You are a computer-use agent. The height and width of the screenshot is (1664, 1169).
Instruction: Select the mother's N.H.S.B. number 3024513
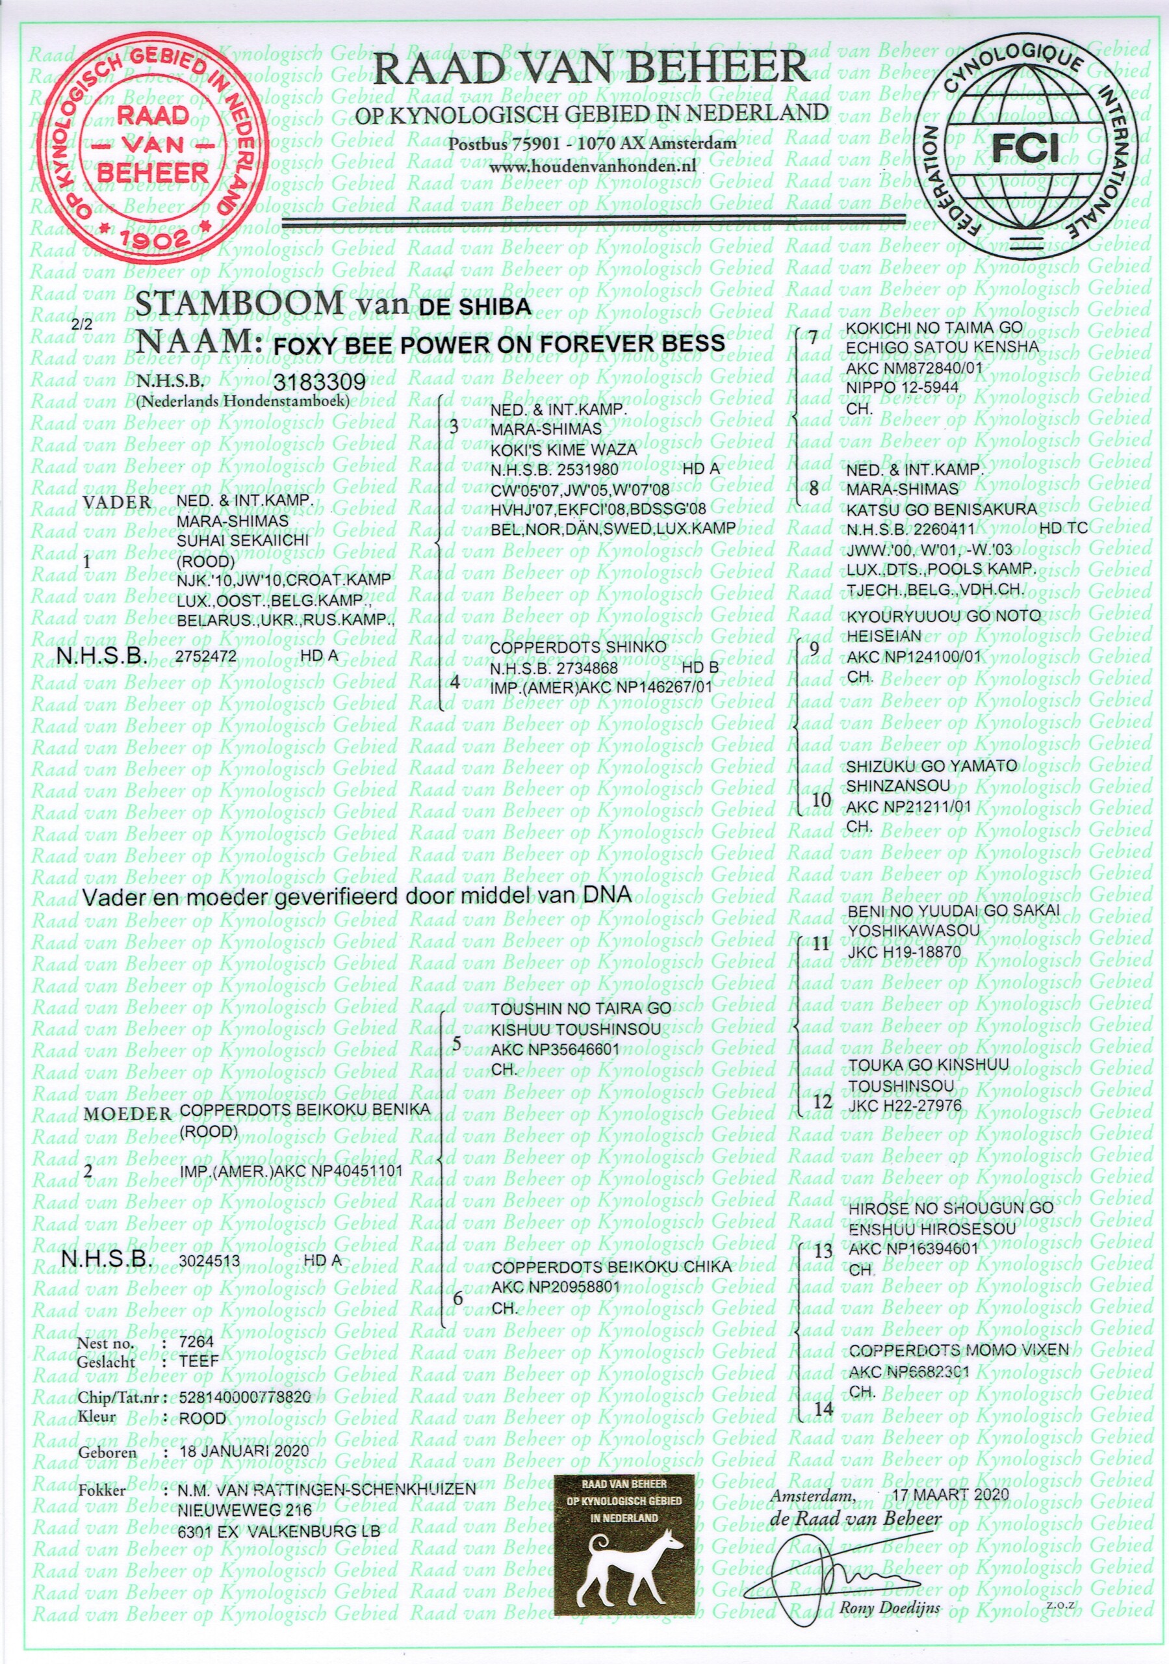pos(209,1260)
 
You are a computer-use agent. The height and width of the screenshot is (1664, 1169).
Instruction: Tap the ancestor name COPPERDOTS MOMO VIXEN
pos(958,1349)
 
